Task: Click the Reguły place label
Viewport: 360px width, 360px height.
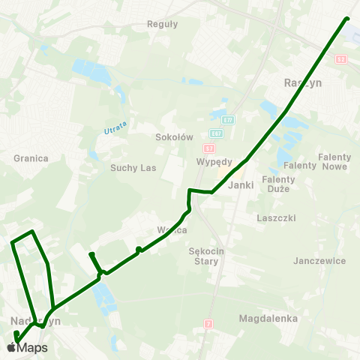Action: [x=163, y=23]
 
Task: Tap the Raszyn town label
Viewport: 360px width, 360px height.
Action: [x=303, y=83]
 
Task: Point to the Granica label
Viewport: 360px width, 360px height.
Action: [x=31, y=158]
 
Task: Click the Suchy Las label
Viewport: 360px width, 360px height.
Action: [x=133, y=168]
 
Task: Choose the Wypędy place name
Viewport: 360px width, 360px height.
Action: [x=214, y=162]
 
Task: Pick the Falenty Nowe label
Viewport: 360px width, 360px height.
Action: [x=334, y=161]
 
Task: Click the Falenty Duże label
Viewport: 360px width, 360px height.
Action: [x=278, y=184]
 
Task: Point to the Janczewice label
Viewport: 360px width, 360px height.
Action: [x=320, y=261]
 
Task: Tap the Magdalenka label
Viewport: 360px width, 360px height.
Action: [x=268, y=319]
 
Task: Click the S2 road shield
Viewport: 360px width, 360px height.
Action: [x=341, y=58]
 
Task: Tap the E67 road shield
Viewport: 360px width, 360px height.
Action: [x=216, y=133]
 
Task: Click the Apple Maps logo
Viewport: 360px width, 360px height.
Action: [x=26, y=347]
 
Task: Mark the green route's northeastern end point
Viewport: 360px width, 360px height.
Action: [x=347, y=19]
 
